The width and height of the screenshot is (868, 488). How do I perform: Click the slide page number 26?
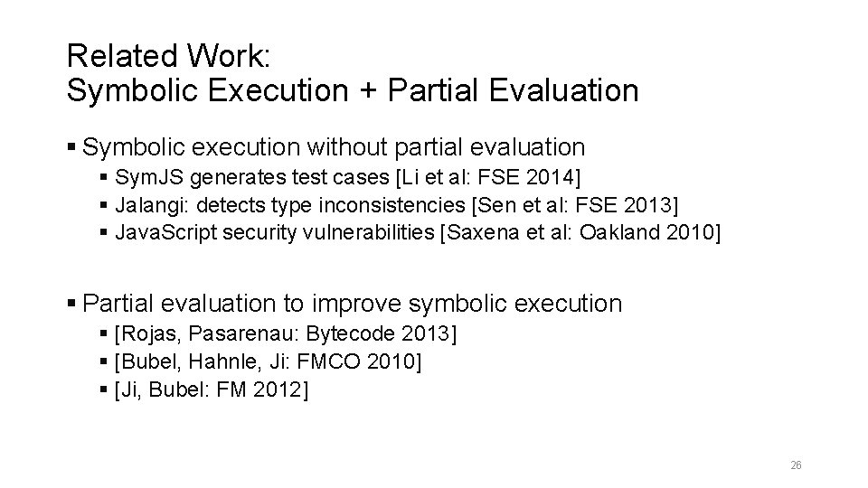[796, 465]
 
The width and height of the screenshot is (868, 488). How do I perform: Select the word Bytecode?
[351, 335]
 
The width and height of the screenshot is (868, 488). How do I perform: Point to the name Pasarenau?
[248, 335]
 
